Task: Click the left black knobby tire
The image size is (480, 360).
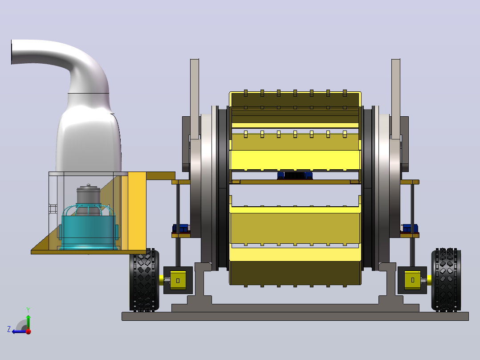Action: pyautogui.click(x=144, y=280)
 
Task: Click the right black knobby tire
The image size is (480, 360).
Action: pyautogui.click(x=446, y=280)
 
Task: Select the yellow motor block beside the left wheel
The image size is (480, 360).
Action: pyautogui.click(x=178, y=280)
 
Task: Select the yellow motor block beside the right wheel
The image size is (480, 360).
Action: pyautogui.click(x=412, y=280)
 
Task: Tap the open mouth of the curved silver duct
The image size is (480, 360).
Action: pyautogui.click(x=12, y=52)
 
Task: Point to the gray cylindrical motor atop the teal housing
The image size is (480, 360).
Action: pyautogui.click(x=89, y=199)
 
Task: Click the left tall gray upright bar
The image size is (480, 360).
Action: pyautogui.click(x=195, y=98)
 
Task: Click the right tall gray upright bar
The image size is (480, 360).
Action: pyautogui.click(x=396, y=98)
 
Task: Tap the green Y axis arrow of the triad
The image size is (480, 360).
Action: pyautogui.click(x=28, y=320)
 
